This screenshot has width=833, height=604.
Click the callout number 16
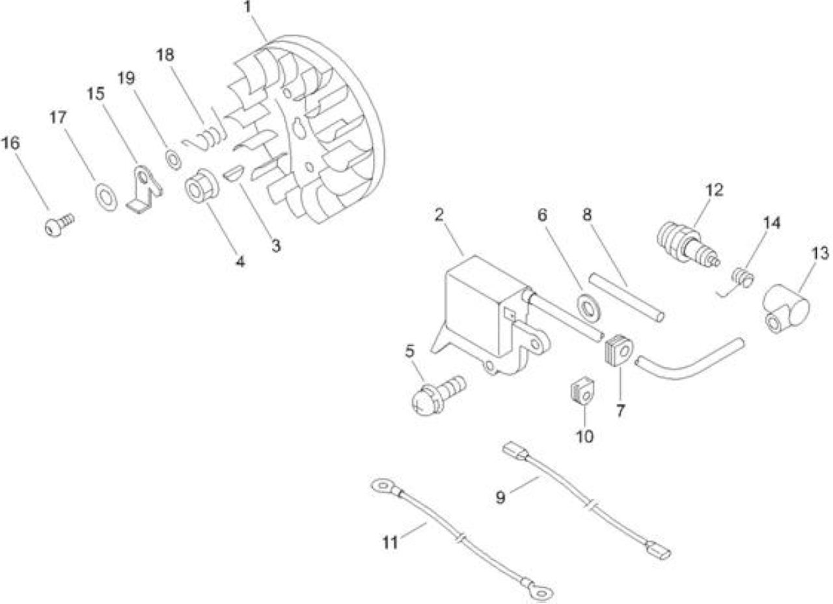click(x=10, y=143)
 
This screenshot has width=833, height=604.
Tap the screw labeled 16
click(x=59, y=225)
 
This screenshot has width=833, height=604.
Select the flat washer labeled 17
click(x=106, y=196)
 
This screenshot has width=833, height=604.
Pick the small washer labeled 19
click(x=173, y=159)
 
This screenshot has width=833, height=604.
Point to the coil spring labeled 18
click(x=205, y=133)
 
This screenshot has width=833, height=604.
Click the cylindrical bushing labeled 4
click(x=202, y=186)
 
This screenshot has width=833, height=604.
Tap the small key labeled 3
click(x=234, y=174)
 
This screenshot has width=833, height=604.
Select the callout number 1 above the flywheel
click(x=248, y=7)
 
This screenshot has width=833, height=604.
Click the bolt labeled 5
click(x=439, y=395)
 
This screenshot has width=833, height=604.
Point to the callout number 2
click(x=439, y=215)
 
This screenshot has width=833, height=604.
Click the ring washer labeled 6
click(x=589, y=308)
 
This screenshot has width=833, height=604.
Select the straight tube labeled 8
click(x=626, y=298)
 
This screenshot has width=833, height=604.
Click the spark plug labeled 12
click(x=688, y=245)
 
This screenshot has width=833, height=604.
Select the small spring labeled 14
click(x=739, y=282)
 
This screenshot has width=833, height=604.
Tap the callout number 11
click(x=390, y=543)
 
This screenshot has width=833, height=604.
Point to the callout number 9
click(x=500, y=497)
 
